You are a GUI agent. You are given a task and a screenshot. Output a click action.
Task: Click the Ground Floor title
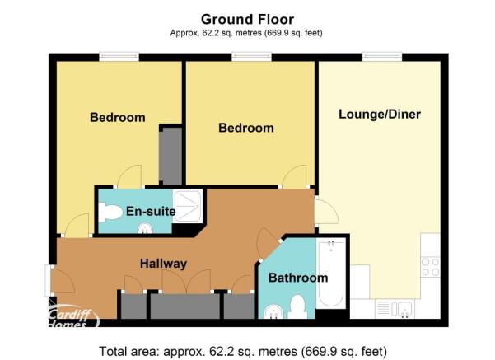[x=247, y=19]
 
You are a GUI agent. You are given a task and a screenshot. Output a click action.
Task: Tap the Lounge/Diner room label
[x=380, y=115]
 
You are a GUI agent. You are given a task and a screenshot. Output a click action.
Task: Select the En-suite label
[x=151, y=211]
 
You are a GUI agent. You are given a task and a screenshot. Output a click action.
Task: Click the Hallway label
[x=164, y=264]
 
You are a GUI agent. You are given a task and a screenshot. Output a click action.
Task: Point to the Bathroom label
[x=298, y=278]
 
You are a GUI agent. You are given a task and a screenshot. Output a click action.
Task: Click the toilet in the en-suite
[x=110, y=213]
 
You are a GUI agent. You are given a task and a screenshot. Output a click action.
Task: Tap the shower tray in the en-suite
[x=187, y=206]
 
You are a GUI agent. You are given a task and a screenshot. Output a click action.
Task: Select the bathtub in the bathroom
[x=331, y=274]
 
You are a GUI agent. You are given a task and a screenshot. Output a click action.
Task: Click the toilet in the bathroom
[x=297, y=306]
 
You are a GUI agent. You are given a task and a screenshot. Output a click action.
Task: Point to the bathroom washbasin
[x=273, y=312]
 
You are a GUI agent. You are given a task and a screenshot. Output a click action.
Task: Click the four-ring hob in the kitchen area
[x=431, y=267]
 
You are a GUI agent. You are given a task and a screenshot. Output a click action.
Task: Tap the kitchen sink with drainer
[x=395, y=309]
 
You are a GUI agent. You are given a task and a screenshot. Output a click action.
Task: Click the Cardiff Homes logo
[x=74, y=315]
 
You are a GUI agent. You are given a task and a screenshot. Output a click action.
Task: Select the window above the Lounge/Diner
[x=382, y=57]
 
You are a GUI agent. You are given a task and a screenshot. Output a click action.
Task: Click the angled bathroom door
[x=267, y=242]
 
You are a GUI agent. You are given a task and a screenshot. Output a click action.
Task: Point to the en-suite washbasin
[x=145, y=228]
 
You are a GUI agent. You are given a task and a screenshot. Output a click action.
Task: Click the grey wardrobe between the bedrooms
[x=170, y=156]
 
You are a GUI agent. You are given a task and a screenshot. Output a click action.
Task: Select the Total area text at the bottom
[x=243, y=351]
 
